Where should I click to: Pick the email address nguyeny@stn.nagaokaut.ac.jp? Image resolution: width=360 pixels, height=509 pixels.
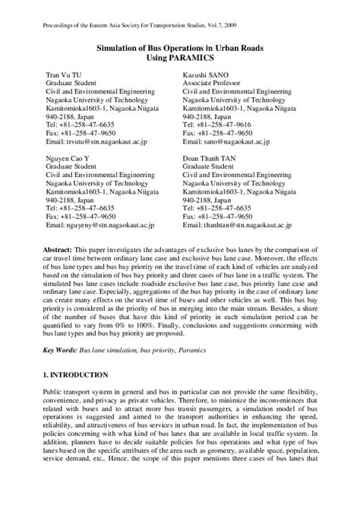coord(107,226)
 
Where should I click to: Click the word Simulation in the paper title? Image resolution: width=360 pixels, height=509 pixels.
coord(125,47)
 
